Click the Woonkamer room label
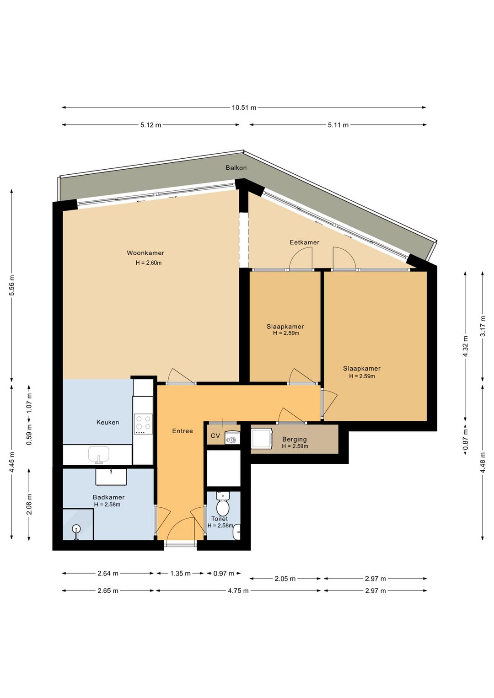pyautogui.click(x=145, y=252)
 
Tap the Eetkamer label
pyautogui.click(x=304, y=242)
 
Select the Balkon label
pyautogui.click(x=236, y=168)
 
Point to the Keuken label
pyautogui.click(x=107, y=422)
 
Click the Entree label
pyautogui.click(x=183, y=431)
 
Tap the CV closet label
pyautogui.click(x=215, y=435)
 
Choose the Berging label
pyautogui.click(x=294, y=440)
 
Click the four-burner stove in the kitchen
pyautogui.click(x=143, y=424)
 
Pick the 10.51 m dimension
pyautogui.click(x=244, y=107)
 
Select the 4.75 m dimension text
pyautogui.click(x=238, y=591)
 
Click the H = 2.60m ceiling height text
pyautogui.click(x=148, y=263)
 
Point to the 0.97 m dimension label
pyautogui.click(x=224, y=573)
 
